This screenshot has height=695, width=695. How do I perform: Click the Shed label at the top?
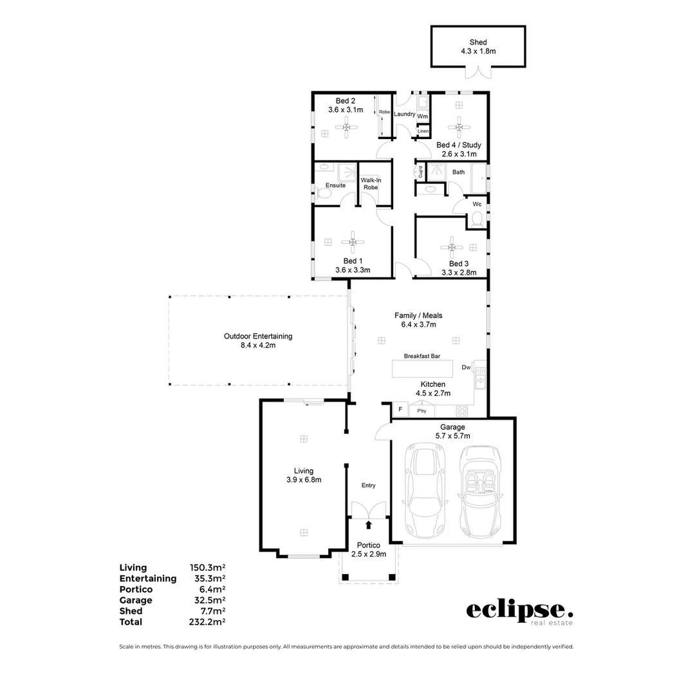(x=477, y=46)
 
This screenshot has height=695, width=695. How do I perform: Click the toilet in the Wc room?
(x=477, y=220)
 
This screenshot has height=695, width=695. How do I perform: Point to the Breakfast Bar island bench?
(x=422, y=369)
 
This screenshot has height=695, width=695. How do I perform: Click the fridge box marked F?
(x=400, y=410)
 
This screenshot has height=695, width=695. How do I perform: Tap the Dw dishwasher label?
(x=466, y=368)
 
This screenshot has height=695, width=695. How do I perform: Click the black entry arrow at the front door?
(x=368, y=525)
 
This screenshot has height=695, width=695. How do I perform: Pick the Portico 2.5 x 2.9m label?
(x=368, y=550)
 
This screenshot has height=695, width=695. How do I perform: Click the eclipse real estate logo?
(x=519, y=612)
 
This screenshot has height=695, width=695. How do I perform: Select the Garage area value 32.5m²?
(x=207, y=600)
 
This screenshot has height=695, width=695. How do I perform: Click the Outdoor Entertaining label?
(x=258, y=340)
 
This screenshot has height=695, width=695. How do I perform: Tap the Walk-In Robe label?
(x=371, y=183)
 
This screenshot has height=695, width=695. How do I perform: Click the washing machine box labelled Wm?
(x=422, y=116)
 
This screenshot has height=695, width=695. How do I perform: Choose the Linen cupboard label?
(x=423, y=131)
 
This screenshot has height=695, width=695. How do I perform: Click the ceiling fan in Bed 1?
(x=352, y=242)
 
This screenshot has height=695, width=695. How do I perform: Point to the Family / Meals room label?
(x=418, y=320)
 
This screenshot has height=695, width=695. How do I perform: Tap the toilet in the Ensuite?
(x=320, y=192)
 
